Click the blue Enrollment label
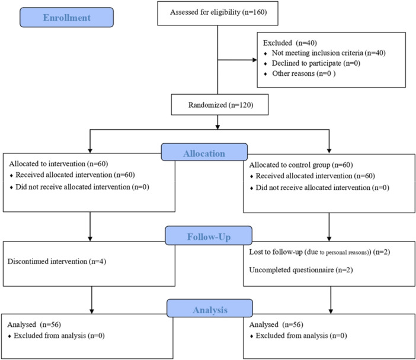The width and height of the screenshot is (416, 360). (x=66, y=17)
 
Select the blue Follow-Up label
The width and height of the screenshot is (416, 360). (x=209, y=236)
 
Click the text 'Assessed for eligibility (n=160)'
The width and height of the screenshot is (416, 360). (x=218, y=12)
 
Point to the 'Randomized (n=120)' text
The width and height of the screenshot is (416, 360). (x=220, y=105)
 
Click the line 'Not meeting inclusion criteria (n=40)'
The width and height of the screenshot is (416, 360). (x=328, y=53)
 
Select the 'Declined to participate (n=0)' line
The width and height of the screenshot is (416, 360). (x=316, y=63)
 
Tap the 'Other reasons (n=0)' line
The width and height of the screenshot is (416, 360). (x=304, y=73)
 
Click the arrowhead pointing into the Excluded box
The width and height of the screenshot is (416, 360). (x=255, y=60)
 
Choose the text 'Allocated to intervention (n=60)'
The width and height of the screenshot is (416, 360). (x=58, y=164)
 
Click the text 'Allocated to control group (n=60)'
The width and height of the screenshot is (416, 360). (x=301, y=165)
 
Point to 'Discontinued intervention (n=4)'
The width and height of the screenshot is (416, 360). (x=57, y=262)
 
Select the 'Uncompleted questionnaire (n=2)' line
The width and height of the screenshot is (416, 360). (x=301, y=270)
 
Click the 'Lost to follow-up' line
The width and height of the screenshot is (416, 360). (x=319, y=252)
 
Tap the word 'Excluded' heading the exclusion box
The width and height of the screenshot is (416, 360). (x=277, y=43)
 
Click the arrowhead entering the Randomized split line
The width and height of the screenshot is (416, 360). (x=217, y=127)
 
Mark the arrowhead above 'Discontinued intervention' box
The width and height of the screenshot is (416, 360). (x=90, y=239)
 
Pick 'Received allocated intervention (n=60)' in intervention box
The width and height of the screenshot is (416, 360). (x=75, y=175)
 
